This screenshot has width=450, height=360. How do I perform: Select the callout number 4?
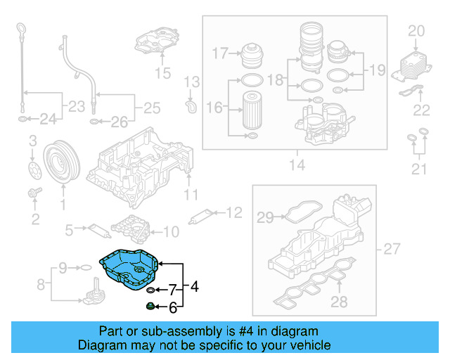click(x=194, y=286)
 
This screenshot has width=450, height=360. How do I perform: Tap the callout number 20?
click(x=417, y=30)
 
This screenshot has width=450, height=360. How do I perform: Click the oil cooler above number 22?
click(x=411, y=66)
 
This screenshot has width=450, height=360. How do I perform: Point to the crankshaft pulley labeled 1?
click(x=59, y=165)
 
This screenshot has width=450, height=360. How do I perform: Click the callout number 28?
click(x=340, y=302)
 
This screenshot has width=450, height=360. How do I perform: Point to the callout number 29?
click(x=264, y=219)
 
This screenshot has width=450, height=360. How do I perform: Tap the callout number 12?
click(x=233, y=211)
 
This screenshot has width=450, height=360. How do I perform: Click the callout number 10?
click(x=171, y=230)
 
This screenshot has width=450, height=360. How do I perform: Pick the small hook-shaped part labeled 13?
click(x=189, y=106)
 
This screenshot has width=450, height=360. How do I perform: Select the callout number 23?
click(x=73, y=108)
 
